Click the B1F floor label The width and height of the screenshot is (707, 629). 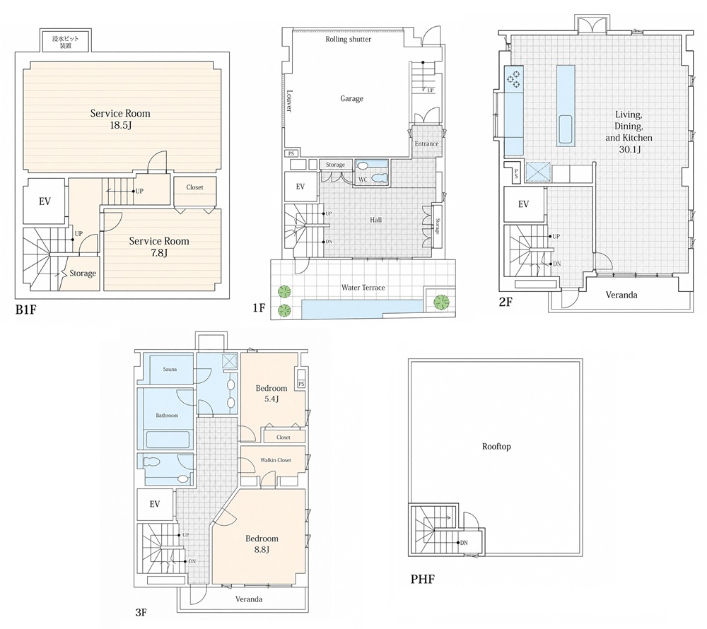25,310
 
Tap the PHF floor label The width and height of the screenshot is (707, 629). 423,579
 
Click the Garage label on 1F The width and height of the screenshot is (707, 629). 351,99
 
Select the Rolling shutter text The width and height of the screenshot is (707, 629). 348,39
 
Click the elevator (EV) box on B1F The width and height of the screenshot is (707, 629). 45,201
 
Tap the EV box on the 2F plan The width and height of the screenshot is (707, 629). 523,204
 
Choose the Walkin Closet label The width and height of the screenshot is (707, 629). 276,460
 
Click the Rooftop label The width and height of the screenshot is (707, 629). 496,447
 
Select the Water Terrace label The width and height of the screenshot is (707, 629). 363,288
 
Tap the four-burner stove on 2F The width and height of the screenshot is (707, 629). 513,78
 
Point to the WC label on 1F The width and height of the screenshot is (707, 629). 363,180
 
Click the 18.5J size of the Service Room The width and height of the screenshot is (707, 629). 120,125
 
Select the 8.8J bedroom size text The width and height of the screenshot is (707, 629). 262,550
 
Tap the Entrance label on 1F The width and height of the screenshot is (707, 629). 426,143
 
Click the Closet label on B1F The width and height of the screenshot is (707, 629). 195,187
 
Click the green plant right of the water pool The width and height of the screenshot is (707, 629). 441,302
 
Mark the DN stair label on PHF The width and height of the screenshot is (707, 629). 464,543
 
